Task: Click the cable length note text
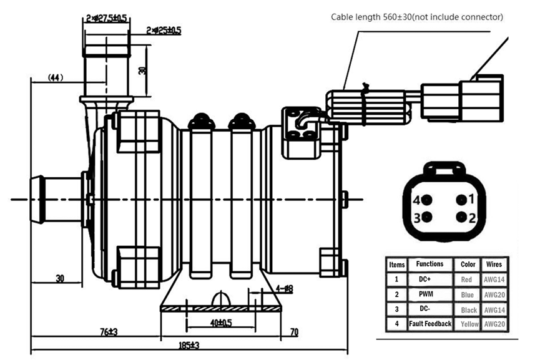[416, 17]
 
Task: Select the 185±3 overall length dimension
[186, 345]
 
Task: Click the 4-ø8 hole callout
[285, 289]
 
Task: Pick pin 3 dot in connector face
[428, 217]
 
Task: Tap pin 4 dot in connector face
[428, 200]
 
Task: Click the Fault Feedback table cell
[430, 323]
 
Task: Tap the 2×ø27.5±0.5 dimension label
[106, 19]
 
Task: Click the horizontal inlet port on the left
[56, 197]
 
